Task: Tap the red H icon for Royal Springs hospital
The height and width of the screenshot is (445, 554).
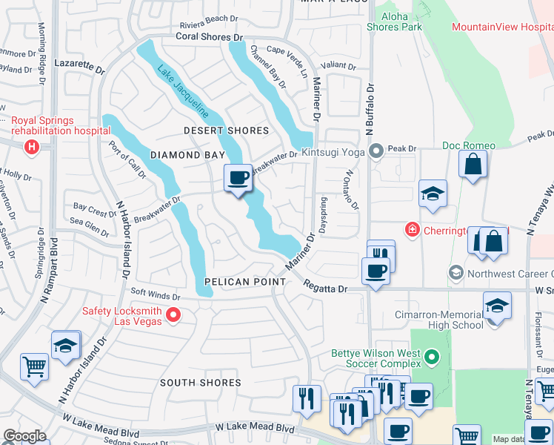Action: pos(31,147)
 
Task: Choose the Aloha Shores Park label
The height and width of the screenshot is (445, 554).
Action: pos(394,21)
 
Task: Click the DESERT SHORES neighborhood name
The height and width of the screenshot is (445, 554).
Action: pos(227,131)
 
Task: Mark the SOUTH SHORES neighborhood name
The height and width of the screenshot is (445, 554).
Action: pos(199,383)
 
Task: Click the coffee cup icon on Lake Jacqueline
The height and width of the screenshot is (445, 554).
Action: pos(238,178)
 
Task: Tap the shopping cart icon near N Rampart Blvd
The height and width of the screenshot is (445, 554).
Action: pos(34,366)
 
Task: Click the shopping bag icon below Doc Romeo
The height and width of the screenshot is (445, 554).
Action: pos(473,163)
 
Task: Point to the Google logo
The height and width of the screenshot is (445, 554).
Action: pos(24,436)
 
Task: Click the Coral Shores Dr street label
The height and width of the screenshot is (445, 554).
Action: pos(209,36)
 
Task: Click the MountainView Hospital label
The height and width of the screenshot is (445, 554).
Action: pos(502,27)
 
